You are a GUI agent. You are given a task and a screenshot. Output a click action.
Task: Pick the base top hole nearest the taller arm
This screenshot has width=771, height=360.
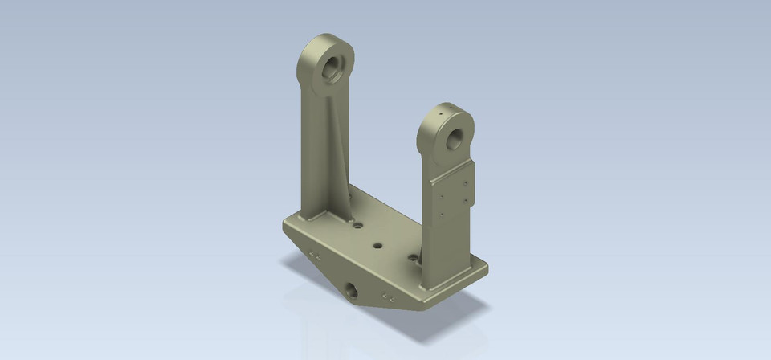(358, 227)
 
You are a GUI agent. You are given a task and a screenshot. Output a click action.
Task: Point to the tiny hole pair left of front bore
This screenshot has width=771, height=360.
(315, 255)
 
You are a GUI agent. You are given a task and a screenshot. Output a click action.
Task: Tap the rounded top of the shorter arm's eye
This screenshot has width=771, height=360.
(447, 108)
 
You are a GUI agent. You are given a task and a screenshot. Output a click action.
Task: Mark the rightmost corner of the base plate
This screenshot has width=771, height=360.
(487, 266)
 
